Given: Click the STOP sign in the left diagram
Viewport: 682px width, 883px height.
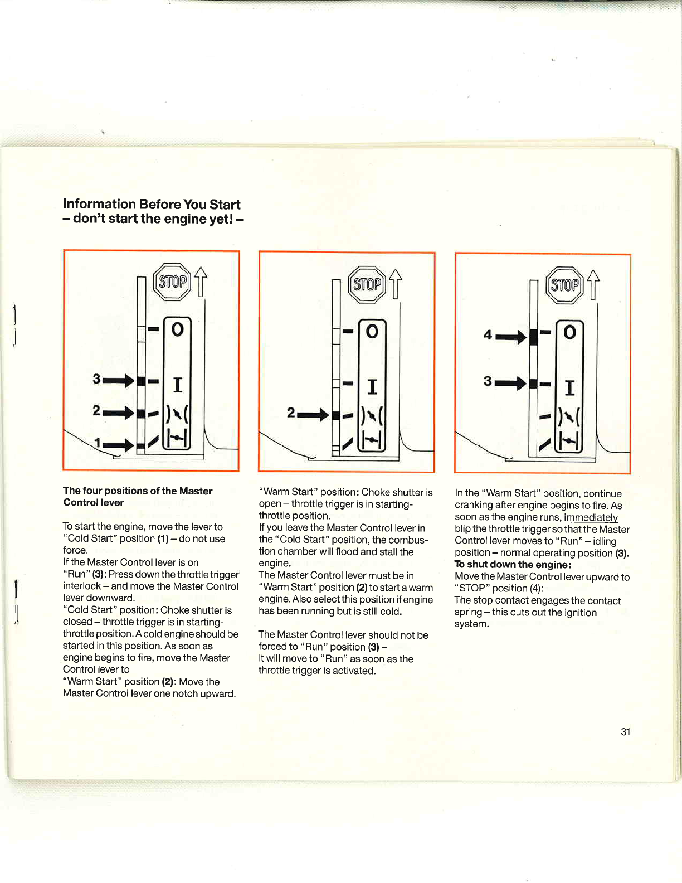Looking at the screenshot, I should tap(173, 282).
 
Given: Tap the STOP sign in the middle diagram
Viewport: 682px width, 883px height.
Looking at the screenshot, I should tap(367, 285).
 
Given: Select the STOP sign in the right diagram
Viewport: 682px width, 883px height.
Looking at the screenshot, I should tap(564, 285).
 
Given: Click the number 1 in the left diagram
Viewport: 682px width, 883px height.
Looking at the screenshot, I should tap(98, 443).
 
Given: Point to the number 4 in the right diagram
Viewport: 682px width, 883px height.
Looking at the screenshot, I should tap(488, 335).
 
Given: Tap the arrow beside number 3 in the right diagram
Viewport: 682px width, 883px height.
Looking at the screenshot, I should tap(511, 383).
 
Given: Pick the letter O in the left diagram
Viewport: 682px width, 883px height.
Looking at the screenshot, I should tap(177, 329).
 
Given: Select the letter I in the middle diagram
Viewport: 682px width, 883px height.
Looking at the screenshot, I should tap(372, 386).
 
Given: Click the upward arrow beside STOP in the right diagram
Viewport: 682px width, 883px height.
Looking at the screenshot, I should tap(593, 284).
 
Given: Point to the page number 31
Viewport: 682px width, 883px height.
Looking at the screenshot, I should tap(626, 732).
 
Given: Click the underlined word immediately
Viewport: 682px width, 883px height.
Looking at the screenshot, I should tap(591, 517).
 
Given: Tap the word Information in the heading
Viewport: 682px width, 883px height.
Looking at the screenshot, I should tap(99, 204).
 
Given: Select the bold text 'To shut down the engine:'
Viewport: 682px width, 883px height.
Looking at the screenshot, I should tap(513, 565).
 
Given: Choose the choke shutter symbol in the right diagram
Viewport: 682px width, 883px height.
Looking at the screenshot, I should tap(569, 418).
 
